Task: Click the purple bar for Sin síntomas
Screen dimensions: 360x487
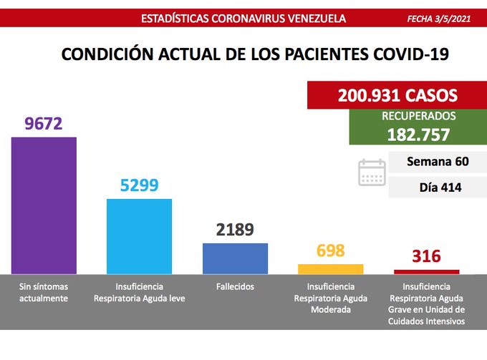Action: [44, 205]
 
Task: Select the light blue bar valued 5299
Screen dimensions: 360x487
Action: [139, 235]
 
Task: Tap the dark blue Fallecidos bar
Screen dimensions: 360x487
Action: [235, 258]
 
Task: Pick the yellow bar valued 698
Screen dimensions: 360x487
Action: [330, 268]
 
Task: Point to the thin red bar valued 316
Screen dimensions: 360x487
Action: [426, 271]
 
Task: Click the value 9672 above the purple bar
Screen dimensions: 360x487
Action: [44, 124]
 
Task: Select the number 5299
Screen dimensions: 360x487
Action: [139, 186]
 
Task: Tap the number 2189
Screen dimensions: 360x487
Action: [235, 230]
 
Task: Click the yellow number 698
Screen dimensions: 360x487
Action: [330, 250]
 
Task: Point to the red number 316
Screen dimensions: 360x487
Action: [426, 256]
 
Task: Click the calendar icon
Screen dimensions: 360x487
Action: [372, 172]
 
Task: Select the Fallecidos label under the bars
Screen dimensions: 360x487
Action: [234, 286]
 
